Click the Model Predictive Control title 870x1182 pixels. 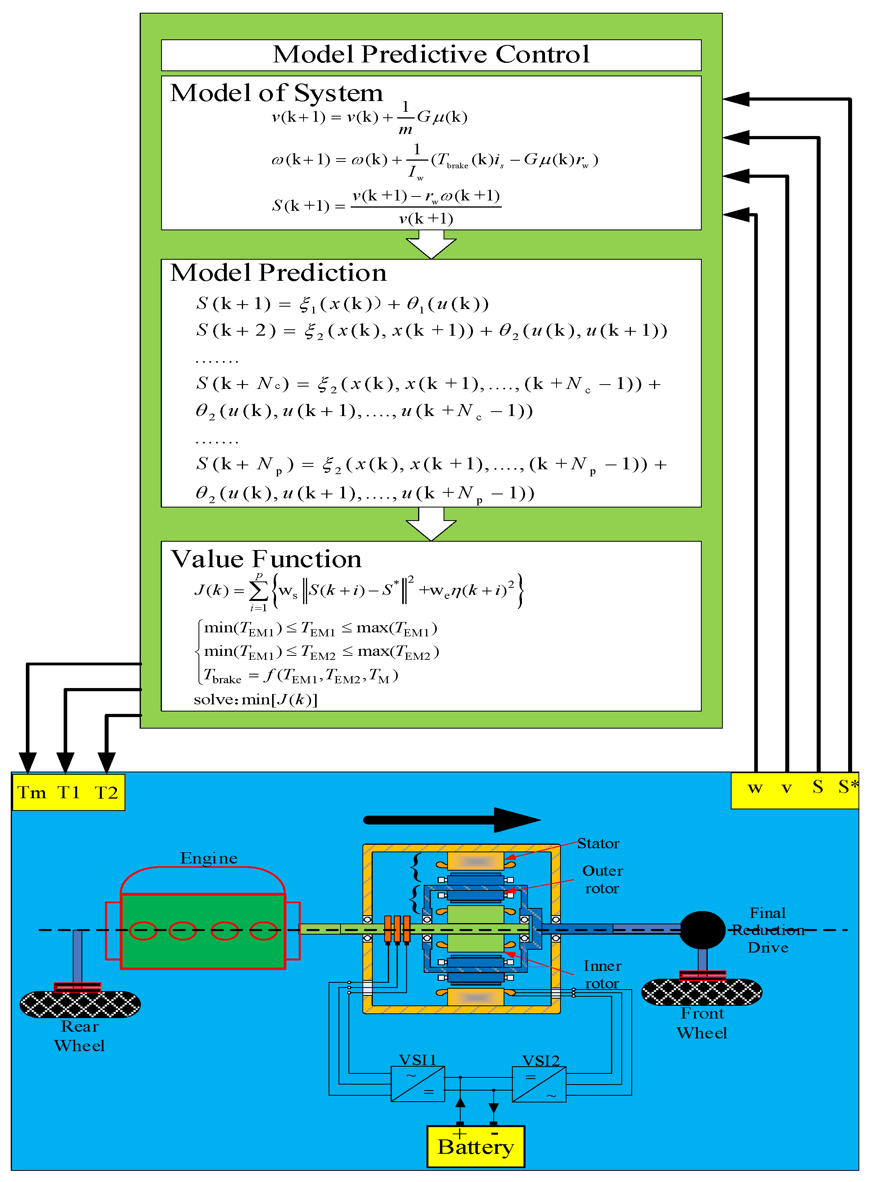coord(431,54)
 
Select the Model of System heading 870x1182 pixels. coord(276,93)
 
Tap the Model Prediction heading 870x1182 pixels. coord(278,273)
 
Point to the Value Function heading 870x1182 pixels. coord(267,559)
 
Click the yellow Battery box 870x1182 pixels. coord(475,1146)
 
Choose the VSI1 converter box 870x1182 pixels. coord(418,1083)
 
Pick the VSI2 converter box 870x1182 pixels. coord(539,1083)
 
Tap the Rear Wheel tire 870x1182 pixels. coord(80,1004)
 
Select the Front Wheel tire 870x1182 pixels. coord(701,992)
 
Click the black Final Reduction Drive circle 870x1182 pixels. coord(703,930)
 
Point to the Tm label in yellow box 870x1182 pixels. coord(31,792)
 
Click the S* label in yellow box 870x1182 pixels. coord(847,787)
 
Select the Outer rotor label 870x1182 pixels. coord(602,879)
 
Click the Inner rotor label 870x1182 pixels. coord(602,974)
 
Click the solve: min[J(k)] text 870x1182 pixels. coord(255,699)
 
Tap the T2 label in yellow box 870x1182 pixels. coord(106,792)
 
